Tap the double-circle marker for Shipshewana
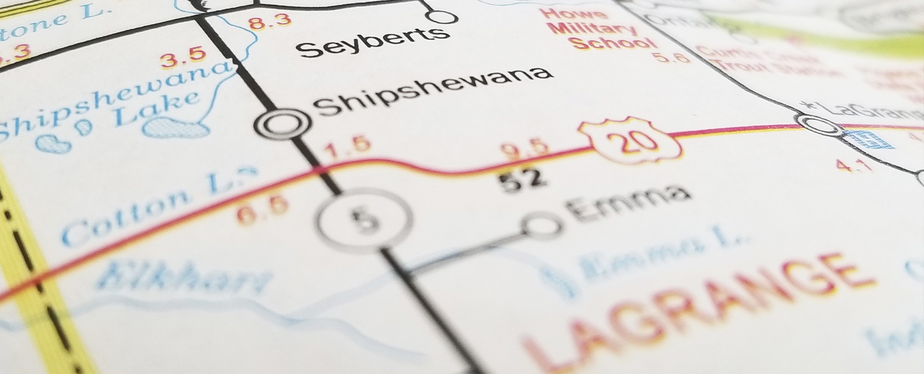[282, 124]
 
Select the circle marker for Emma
[542, 225]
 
